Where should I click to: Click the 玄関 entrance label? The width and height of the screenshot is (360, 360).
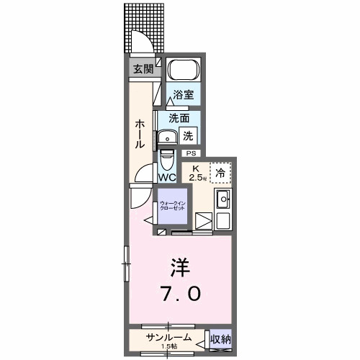(x=142, y=69)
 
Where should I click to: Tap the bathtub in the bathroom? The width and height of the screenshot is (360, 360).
(x=183, y=72)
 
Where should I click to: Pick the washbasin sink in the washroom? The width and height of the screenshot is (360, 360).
(x=168, y=138)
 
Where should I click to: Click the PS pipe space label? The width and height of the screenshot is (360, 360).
(x=191, y=153)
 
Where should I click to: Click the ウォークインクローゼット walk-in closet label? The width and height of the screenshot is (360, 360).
(x=173, y=205)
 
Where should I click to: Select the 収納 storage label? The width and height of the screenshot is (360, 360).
(x=220, y=338)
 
